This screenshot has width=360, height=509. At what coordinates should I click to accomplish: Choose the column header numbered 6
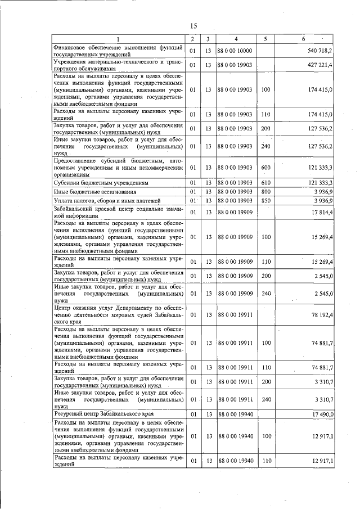(303, 39)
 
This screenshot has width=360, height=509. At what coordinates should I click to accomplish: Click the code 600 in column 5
(266, 168)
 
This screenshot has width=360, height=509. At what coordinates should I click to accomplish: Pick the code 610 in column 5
(266, 183)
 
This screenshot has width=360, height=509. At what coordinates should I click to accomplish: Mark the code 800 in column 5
(266, 192)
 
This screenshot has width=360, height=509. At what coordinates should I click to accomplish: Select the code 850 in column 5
(266, 201)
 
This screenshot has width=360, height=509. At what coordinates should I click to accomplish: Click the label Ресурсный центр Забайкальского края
(103, 414)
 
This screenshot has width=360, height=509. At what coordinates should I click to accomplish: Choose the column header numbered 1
(118, 39)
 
